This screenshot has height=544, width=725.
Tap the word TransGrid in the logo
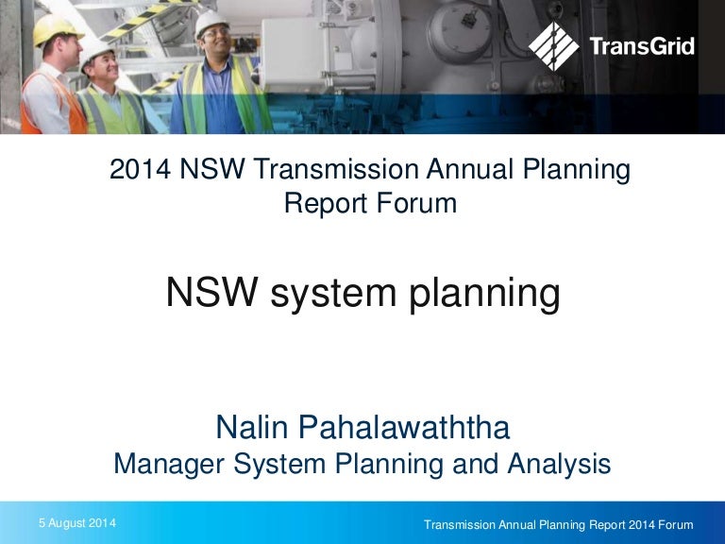(640, 46)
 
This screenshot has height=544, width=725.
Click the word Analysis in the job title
(561, 465)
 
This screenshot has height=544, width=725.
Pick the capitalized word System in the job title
(274, 465)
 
